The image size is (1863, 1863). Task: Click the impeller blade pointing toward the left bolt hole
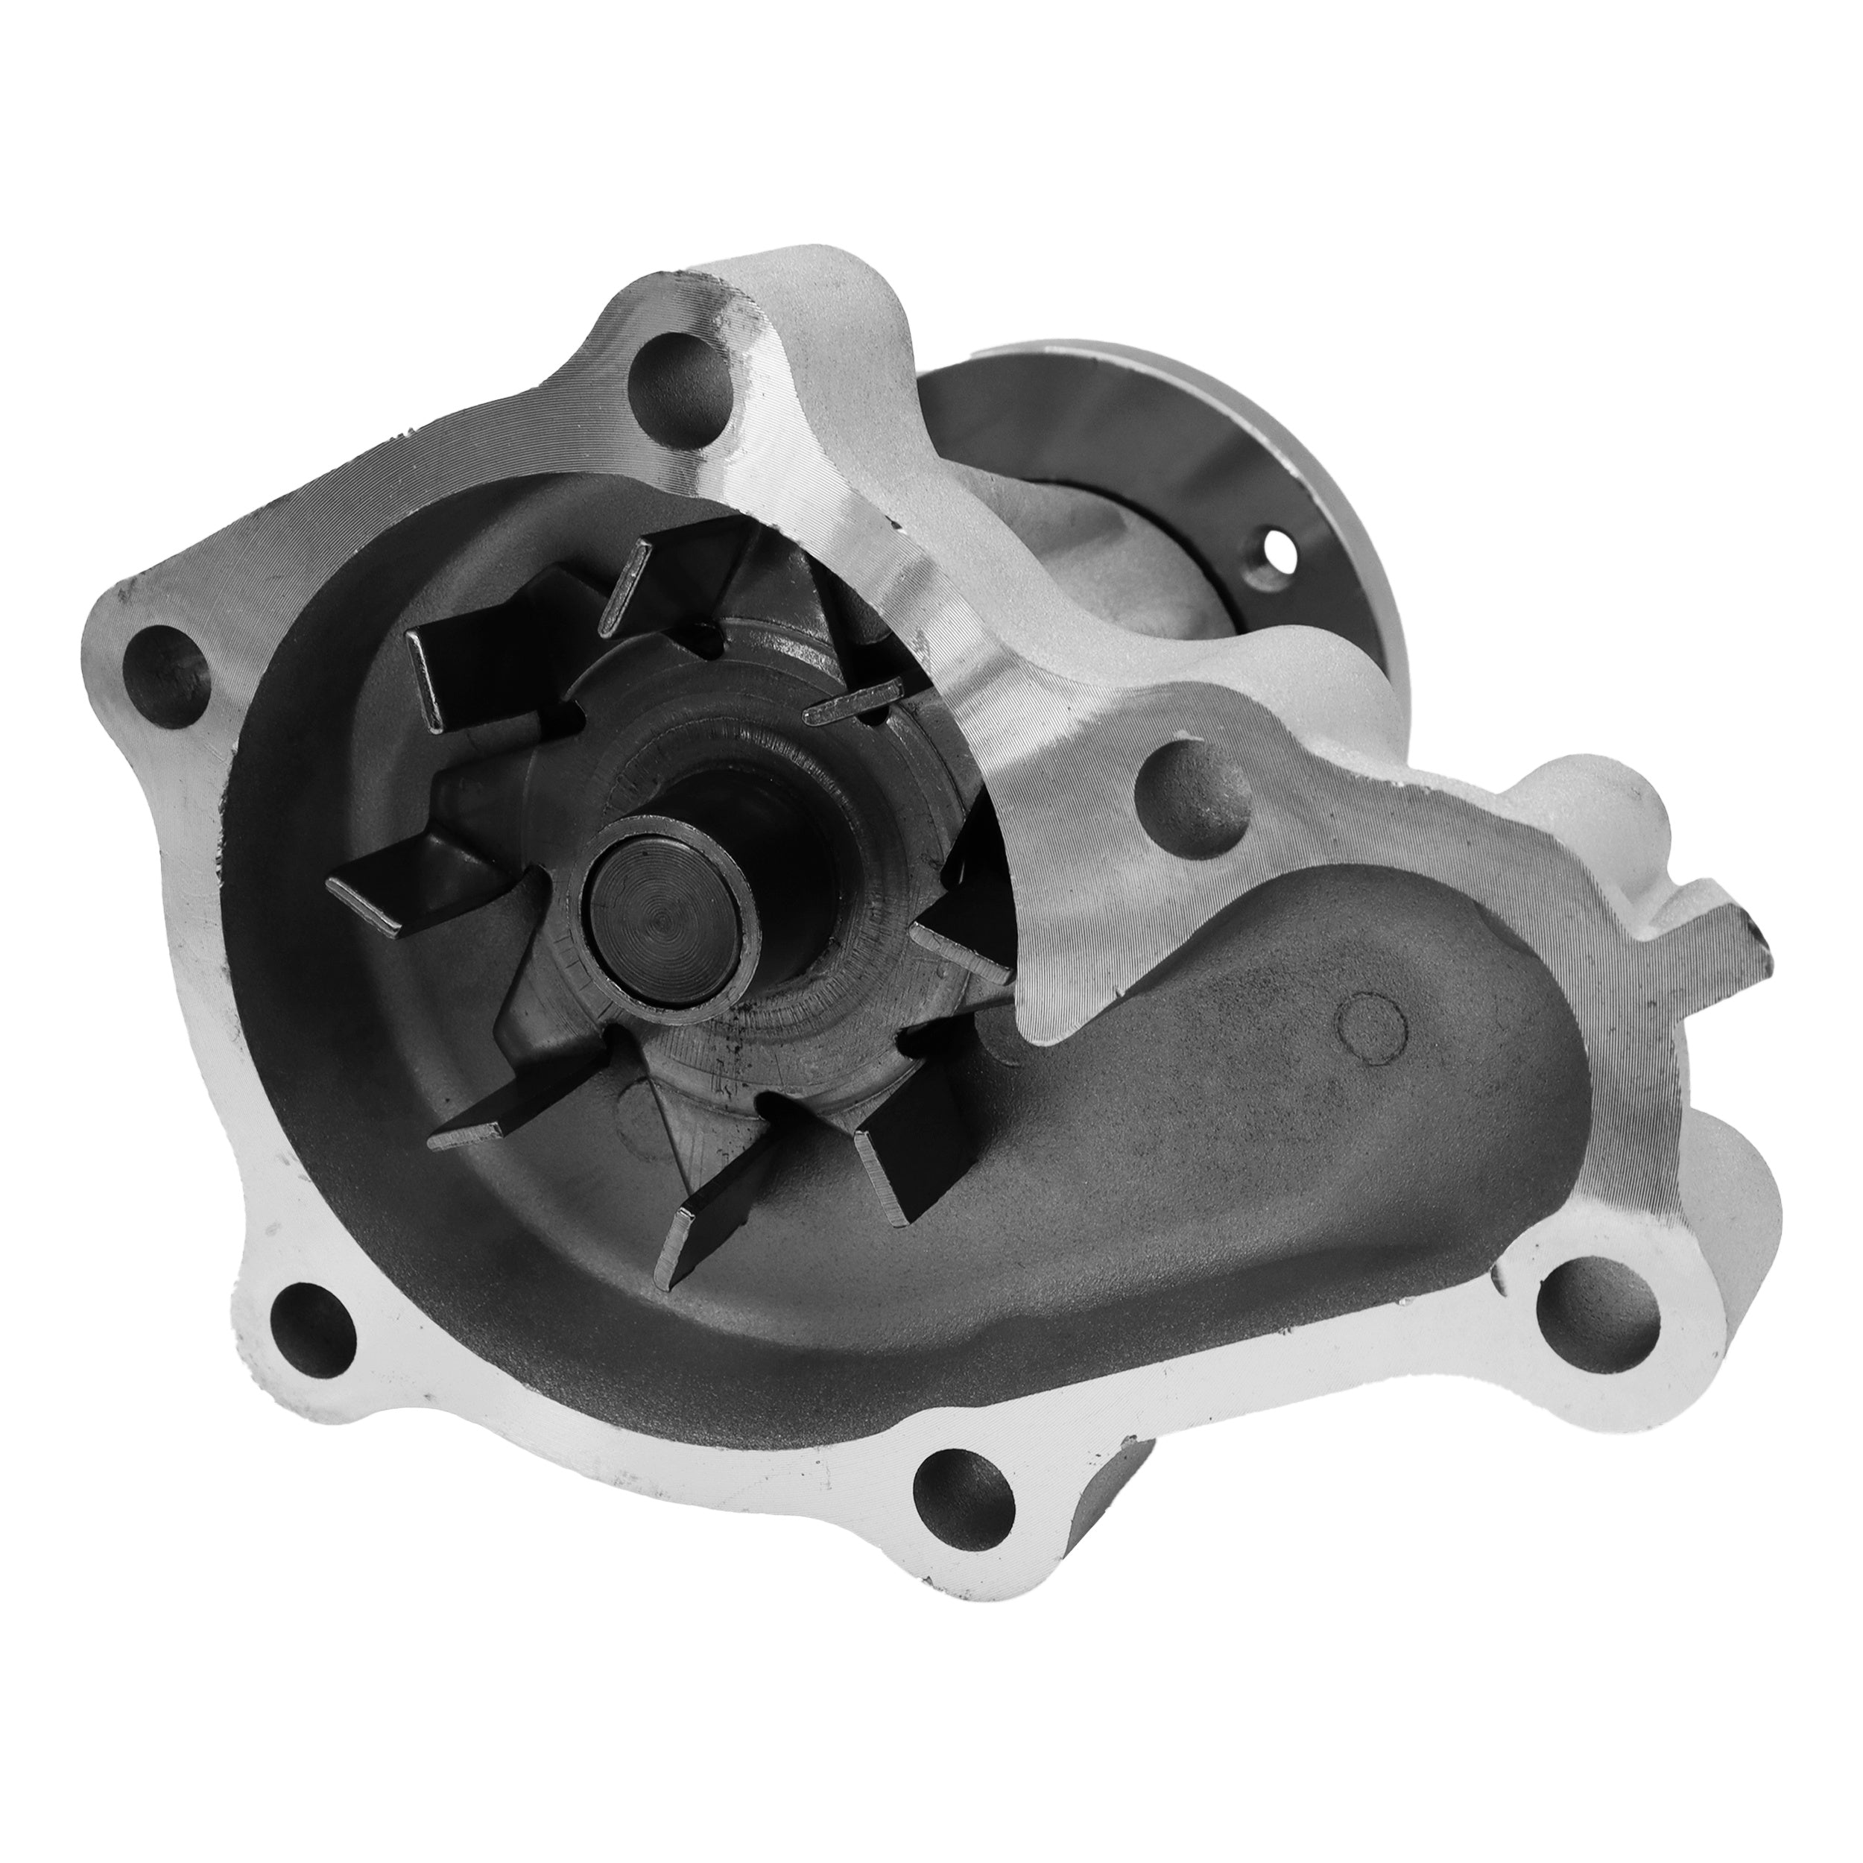(405, 873)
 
